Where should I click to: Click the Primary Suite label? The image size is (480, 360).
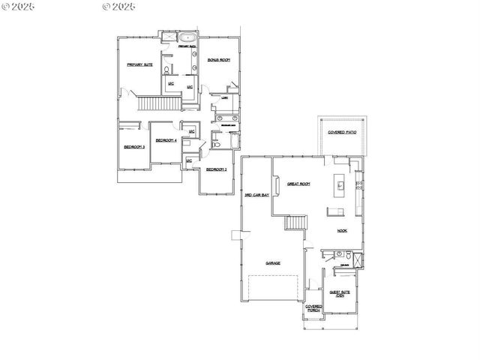[x=139, y=65]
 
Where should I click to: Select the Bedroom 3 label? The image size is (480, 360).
[x=134, y=147]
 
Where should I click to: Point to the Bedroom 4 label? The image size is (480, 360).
[x=166, y=140]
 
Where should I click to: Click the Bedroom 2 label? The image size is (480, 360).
[x=217, y=169]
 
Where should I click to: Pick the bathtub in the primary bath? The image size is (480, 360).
[x=187, y=37]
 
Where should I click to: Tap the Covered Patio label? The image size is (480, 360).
[x=342, y=132]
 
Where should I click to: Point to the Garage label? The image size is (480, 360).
[x=273, y=263]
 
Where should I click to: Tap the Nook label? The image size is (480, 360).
[x=342, y=231]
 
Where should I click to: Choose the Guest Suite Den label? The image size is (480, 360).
[x=339, y=294]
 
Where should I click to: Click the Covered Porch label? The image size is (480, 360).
[x=313, y=307]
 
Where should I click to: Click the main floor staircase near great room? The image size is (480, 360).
[x=296, y=223]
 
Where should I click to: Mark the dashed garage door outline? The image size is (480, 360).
[x=274, y=289]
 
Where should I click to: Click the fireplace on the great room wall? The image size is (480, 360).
[x=277, y=184]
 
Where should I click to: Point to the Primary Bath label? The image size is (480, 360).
[x=187, y=46]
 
